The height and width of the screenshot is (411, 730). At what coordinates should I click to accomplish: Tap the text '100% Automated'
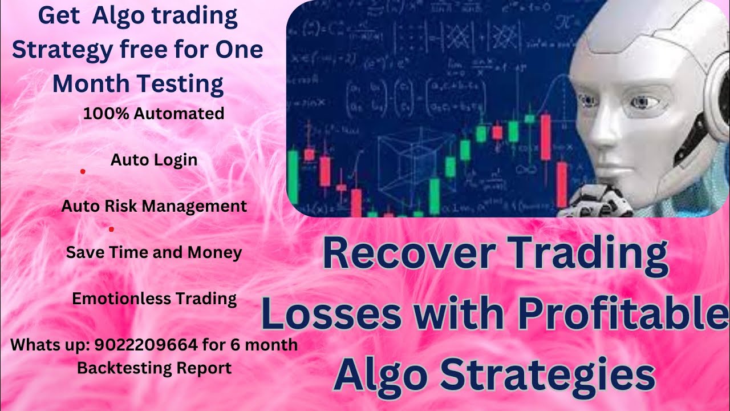153,114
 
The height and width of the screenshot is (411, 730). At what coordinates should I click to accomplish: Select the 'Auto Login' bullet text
154,160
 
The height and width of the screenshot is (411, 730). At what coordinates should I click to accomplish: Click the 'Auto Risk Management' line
154,206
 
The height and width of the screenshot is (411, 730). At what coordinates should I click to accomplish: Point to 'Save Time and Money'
154,252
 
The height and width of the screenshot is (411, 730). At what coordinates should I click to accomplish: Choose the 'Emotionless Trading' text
154,299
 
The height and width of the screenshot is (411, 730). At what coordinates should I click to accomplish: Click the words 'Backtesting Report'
154,368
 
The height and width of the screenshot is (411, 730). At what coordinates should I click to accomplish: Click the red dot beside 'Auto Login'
83,171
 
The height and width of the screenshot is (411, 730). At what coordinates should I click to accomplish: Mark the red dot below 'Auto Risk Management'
111,229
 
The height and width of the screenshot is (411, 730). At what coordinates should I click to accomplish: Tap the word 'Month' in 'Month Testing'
91,84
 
